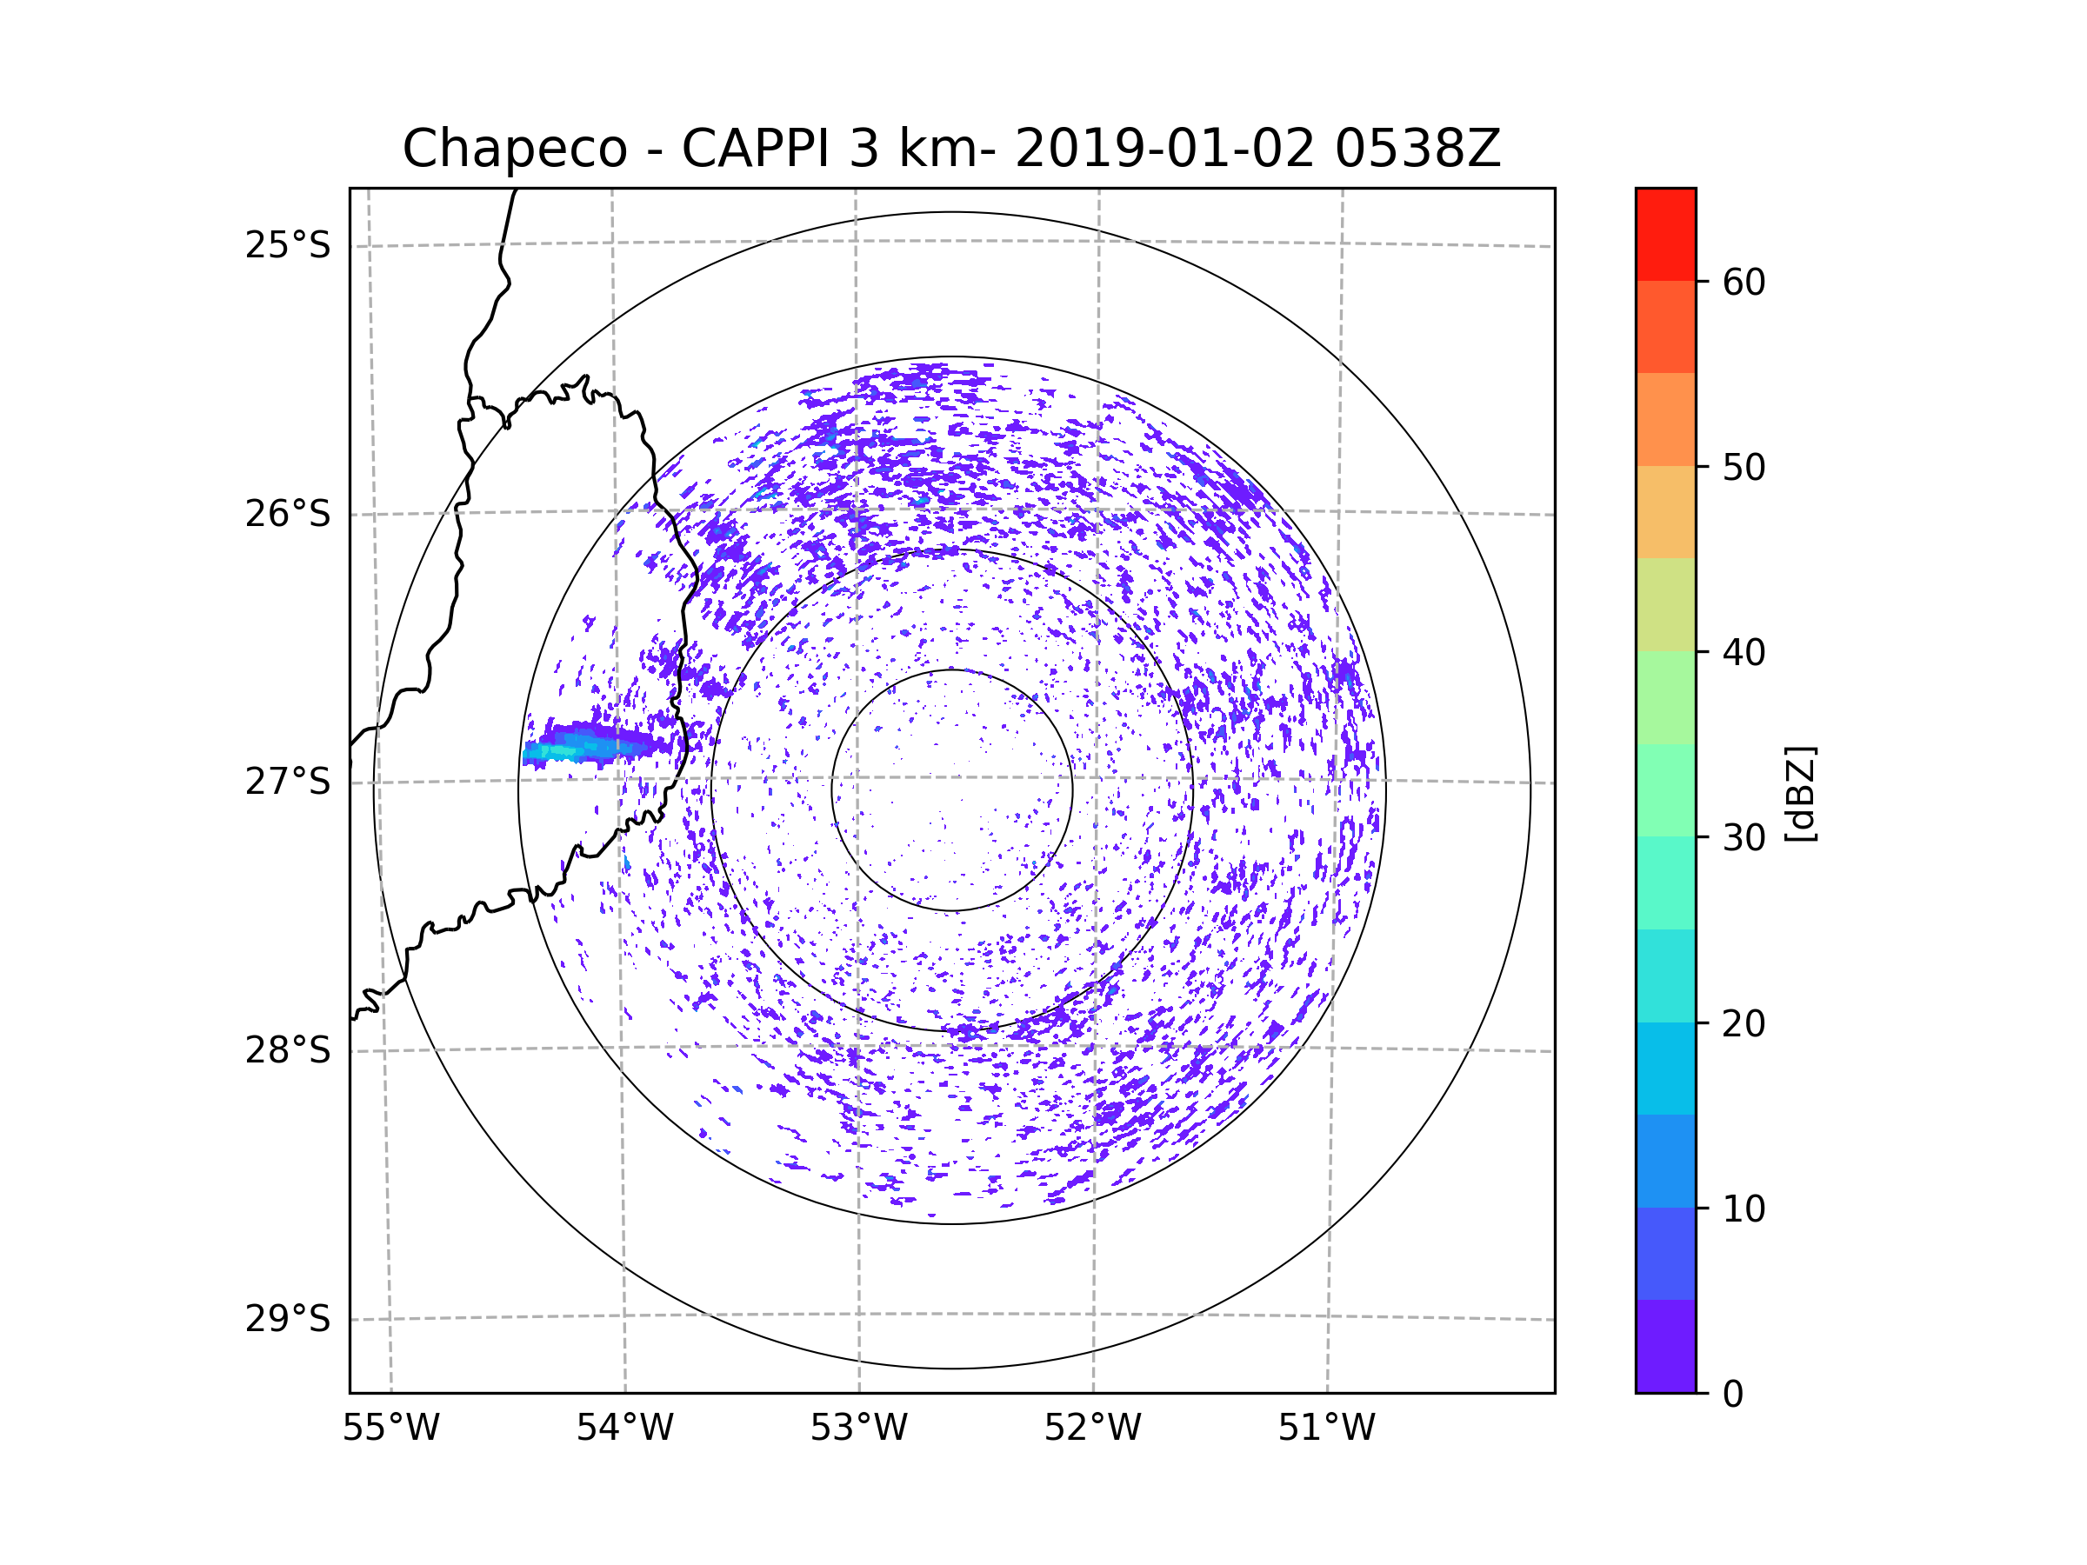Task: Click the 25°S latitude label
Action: tap(288, 245)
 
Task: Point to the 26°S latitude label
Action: tap(288, 514)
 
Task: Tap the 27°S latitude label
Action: tap(288, 782)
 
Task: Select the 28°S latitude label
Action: tap(288, 1050)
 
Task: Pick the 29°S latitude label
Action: tap(288, 1319)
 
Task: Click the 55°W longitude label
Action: tap(390, 1428)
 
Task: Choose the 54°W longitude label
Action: tap(624, 1428)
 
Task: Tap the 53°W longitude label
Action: tap(858, 1428)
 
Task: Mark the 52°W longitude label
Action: tap(1092, 1428)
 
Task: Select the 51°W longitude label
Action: tap(1326, 1428)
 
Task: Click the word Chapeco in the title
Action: tap(514, 149)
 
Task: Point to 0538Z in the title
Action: tap(1417, 149)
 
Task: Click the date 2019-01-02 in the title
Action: tap(1164, 149)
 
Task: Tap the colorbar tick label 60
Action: tap(1744, 282)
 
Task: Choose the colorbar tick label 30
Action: tap(1744, 837)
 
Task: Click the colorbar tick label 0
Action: tap(1733, 1395)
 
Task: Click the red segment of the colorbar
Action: tap(1665, 234)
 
